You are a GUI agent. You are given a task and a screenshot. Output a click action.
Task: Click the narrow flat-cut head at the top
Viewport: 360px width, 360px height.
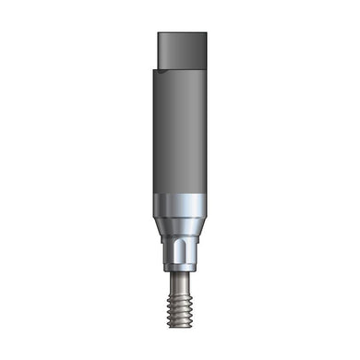tap(181, 51)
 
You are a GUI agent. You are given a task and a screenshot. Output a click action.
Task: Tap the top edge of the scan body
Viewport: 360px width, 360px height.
tap(181, 34)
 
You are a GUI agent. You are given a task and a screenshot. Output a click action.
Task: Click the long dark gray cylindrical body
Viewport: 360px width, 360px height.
tap(179, 138)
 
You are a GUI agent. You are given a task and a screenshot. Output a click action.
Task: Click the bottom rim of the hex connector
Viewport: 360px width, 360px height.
tap(179, 269)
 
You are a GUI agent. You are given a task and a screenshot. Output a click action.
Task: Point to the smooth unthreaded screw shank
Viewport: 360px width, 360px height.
tap(179, 277)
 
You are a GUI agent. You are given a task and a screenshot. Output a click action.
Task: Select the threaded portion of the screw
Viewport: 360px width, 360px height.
tap(179, 305)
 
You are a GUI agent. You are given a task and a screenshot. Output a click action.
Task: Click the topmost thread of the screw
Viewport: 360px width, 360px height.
tap(179, 287)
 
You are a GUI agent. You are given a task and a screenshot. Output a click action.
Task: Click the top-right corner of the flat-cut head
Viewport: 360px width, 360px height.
tap(205, 35)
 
